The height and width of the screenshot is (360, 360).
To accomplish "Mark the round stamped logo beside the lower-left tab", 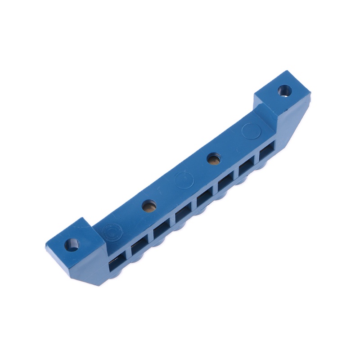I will pos(109,233).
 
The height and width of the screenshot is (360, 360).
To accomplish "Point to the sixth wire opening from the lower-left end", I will pos(225,186).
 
